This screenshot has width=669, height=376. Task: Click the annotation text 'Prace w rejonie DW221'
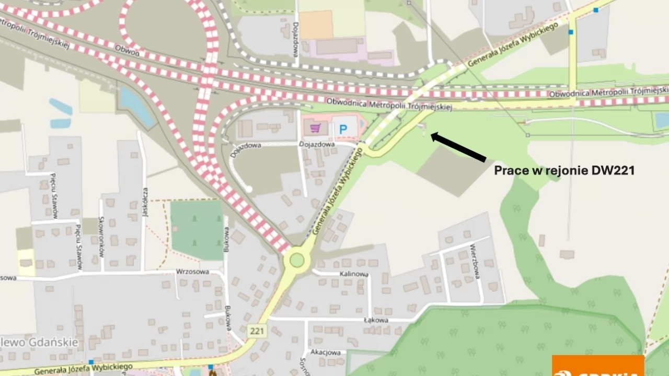click(564, 170)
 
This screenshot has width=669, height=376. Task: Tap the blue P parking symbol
click(343, 129)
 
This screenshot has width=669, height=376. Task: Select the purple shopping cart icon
click(315, 128)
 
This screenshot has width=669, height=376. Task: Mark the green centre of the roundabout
click(297, 260)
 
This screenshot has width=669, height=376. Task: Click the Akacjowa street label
click(326, 352)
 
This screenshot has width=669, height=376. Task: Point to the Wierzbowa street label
click(475, 262)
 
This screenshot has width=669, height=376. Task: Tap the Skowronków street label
click(101, 237)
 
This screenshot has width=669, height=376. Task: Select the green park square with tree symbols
click(197, 230)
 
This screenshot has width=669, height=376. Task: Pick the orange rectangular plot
click(316, 25)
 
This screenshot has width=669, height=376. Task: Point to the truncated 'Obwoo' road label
click(127, 52)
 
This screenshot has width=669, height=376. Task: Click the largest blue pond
click(137, 107)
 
